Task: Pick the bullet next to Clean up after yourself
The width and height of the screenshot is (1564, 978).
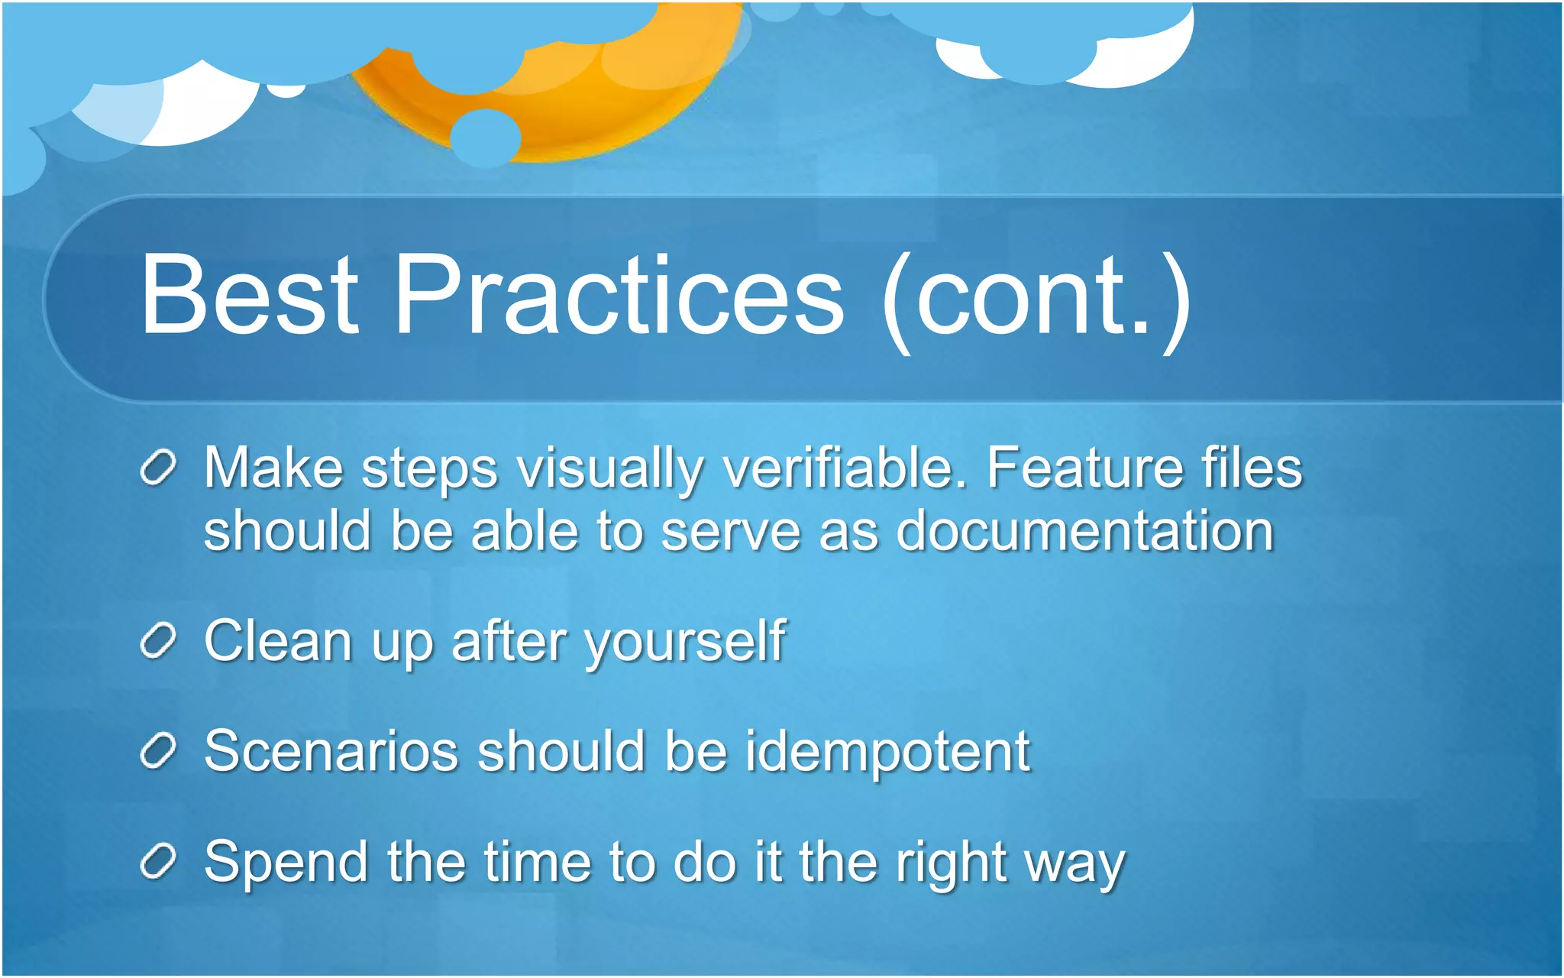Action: coord(159,640)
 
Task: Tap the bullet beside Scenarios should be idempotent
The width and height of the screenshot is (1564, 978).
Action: coord(159,751)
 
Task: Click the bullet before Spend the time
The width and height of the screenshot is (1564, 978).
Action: coord(159,862)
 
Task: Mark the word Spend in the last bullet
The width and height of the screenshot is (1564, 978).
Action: coord(286,863)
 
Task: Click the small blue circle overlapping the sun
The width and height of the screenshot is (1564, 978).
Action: coord(486,138)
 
